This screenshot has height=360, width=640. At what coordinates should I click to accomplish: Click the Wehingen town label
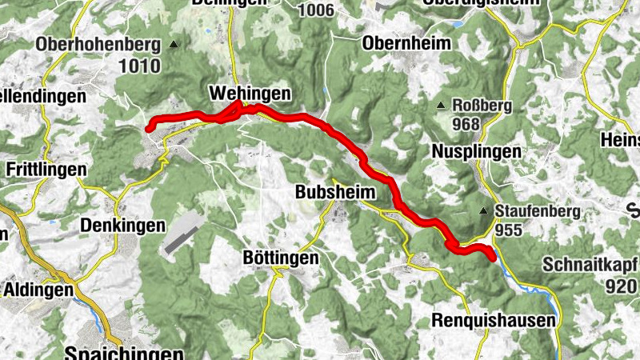249,94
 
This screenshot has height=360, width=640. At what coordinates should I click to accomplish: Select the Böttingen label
280,258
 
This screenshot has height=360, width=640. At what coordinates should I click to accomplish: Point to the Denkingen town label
122,226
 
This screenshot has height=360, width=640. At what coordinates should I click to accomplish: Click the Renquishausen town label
493,321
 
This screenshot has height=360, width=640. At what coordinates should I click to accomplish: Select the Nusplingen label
476,150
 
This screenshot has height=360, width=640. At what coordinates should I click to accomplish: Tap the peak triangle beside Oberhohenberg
174,44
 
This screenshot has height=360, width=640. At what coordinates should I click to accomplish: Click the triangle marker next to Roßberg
440,106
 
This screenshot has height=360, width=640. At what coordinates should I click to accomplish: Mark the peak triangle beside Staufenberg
483,211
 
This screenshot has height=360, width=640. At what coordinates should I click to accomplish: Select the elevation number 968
465,124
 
